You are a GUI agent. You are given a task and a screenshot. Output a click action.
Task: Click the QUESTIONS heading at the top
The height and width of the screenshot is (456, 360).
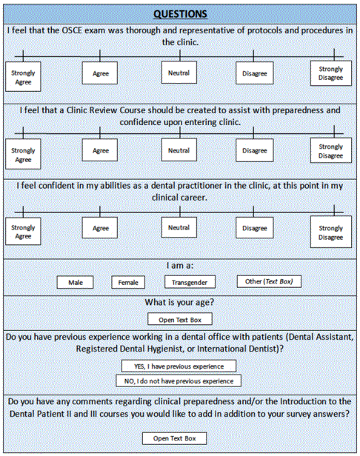(x=180, y=14)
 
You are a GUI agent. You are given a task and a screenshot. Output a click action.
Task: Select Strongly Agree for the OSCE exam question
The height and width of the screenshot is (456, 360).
(x=23, y=77)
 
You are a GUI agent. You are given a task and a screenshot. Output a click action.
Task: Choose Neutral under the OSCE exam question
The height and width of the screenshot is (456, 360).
(x=179, y=73)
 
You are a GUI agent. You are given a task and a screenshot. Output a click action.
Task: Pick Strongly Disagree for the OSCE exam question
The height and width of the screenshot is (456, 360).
(x=331, y=73)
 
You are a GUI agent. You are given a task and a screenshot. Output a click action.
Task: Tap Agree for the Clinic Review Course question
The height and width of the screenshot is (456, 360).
(x=100, y=150)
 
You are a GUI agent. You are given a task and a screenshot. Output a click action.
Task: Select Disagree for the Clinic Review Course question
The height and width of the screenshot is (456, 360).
(x=255, y=150)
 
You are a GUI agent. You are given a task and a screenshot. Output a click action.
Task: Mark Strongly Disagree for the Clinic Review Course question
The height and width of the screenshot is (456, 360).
(x=331, y=150)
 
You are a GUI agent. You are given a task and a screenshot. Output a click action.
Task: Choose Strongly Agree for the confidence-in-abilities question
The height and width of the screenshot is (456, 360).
(x=23, y=232)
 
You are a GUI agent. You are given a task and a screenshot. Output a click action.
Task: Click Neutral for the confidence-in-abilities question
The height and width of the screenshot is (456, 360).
(x=179, y=227)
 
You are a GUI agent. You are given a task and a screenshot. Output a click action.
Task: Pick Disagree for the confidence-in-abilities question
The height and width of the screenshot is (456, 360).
(x=255, y=228)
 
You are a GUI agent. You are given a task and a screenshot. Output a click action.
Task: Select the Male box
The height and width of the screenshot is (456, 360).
(x=75, y=282)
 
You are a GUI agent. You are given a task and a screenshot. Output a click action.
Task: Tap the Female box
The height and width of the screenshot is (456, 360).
(x=128, y=282)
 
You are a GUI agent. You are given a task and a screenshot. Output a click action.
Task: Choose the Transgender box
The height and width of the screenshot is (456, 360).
(x=190, y=282)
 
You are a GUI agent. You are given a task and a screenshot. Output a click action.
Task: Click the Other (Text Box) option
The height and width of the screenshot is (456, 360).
(x=269, y=281)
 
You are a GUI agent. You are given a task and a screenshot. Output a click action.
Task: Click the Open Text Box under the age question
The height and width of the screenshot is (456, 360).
(x=180, y=319)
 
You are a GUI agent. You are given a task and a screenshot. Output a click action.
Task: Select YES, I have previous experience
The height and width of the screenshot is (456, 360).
(x=179, y=366)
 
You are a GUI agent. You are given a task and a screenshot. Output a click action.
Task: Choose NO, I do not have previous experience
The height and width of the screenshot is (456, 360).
(x=179, y=381)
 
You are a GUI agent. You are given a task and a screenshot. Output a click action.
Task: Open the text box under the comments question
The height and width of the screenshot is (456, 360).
(x=174, y=438)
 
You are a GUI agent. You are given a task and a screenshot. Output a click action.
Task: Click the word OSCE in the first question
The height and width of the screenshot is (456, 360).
(x=72, y=30)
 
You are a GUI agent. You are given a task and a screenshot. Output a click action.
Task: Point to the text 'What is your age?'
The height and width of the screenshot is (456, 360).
(x=179, y=303)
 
